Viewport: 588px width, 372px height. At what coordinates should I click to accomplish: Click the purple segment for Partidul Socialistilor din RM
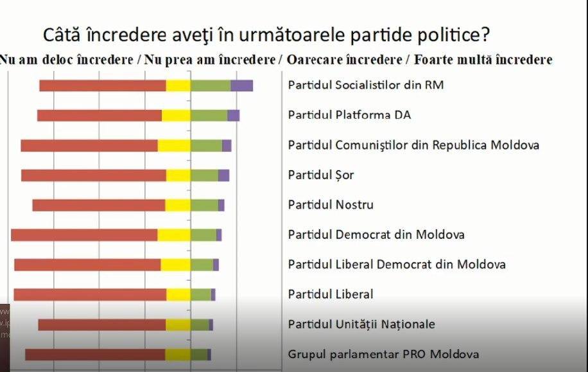click(x=241, y=85)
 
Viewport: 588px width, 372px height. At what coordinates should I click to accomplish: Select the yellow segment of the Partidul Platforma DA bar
click(x=176, y=116)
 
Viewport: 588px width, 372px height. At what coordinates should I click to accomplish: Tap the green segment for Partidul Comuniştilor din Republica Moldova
click(x=206, y=145)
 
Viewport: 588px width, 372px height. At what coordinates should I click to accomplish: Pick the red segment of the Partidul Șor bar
click(x=93, y=175)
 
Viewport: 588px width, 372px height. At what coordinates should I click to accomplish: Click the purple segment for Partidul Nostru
click(x=221, y=205)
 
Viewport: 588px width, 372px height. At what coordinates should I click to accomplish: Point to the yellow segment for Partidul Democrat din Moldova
click(x=173, y=235)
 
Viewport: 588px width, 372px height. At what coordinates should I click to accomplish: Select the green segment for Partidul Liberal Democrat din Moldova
click(x=202, y=265)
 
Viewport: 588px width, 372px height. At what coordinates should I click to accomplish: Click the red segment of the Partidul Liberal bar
click(x=90, y=294)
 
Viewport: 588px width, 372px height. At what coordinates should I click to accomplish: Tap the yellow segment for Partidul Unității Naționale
click(x=178, y=324)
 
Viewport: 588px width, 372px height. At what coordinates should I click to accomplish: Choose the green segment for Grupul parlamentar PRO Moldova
click(x=198, y=354)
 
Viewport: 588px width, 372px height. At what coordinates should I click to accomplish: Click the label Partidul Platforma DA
click(x=349, y=115)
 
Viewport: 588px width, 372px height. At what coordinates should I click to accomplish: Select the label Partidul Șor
click(x=321, y=175)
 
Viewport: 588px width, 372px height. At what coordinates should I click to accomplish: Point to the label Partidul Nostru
click(x=331, y=205)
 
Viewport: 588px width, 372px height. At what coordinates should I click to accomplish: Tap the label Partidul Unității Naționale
click(x=361, y=324)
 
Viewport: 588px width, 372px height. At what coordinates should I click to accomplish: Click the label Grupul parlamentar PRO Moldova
click(x=383, y=354)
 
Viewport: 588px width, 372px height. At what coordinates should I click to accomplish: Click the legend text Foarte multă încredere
click(x=483, y=60)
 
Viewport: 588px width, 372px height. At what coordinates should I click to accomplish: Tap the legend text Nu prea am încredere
click(x=211, y=60)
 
